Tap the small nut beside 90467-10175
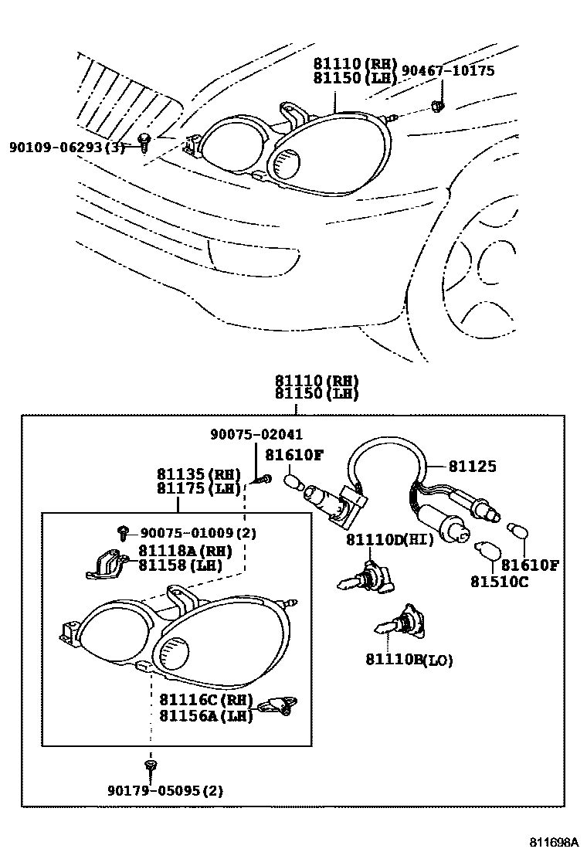pos(438,104)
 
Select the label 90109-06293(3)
pos(66,146)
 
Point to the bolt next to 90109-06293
pos(144,141)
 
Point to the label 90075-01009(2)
pos(198,533)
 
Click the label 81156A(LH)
pos(206,716)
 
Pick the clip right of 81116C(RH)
pos(279,705)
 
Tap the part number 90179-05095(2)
pos(166,790)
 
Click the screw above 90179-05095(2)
pos(150,766)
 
